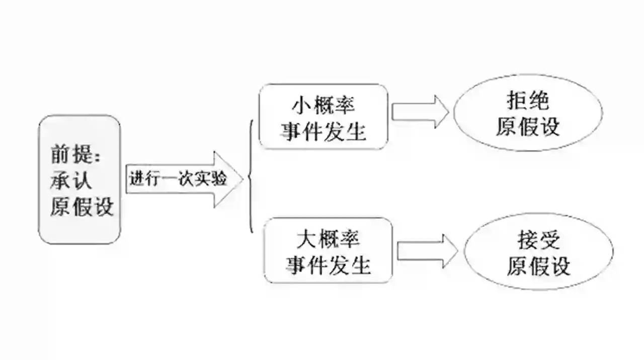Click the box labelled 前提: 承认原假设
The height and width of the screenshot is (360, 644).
tap(79, 180)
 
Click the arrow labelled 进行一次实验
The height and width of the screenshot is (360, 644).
tap(179, 179)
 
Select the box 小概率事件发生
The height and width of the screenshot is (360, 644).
tap(324, 117)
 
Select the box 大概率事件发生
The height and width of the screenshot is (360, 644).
tap(328, 250)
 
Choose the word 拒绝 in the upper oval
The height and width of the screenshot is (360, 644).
tap(528, 102)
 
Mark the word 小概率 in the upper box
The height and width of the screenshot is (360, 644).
tap(324, 105)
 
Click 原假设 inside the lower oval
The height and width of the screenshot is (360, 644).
tap(538, 265)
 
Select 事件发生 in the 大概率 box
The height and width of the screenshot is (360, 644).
tap(328, 264)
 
